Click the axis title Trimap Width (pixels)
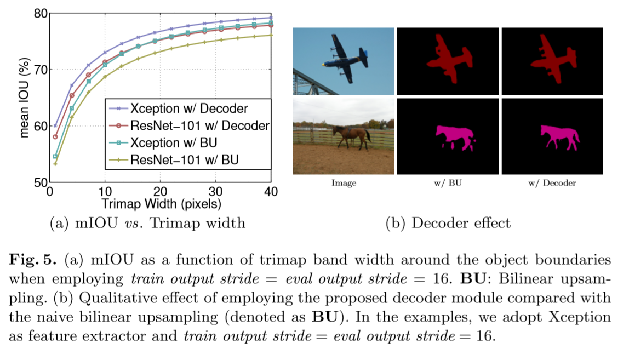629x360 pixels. [x=161, y=204]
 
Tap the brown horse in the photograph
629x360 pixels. [x=351, y=136]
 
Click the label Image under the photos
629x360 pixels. [x=344, y=183]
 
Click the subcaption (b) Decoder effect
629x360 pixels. [x=448, y=223]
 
